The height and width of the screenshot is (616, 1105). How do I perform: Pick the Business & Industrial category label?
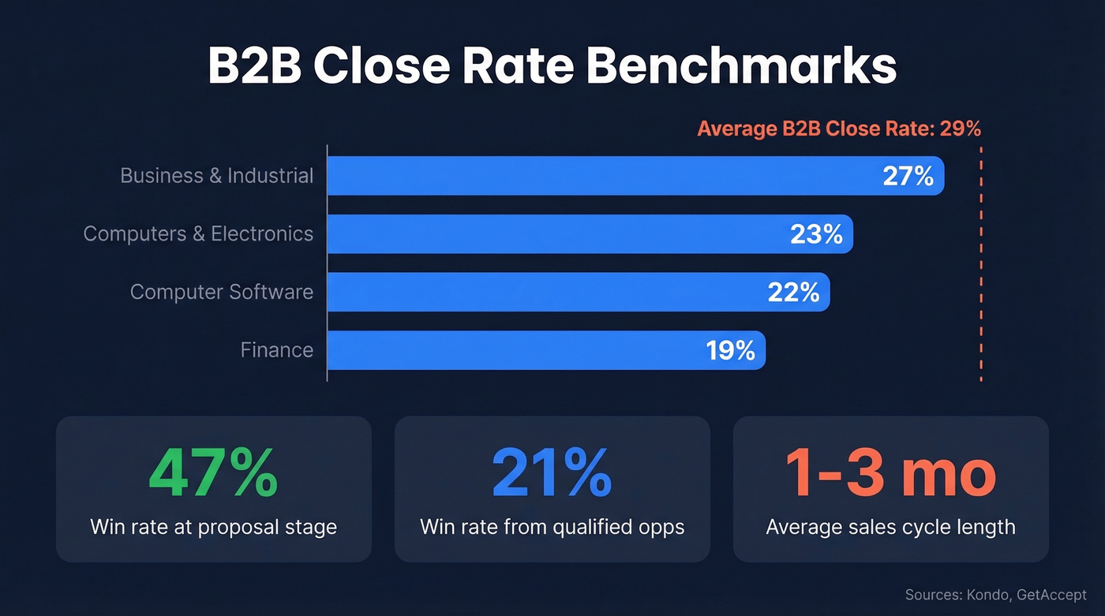pos(216,175)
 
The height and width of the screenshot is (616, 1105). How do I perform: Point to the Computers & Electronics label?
pos(198,233)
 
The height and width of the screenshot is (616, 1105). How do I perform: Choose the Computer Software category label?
pos(221,292)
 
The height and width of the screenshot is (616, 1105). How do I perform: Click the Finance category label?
pos(276,350)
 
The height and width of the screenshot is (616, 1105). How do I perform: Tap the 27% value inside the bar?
pos(908,176)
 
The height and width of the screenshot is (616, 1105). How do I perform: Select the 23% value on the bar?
pos(816,234)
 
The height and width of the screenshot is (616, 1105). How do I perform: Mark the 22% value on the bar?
pos(793,293)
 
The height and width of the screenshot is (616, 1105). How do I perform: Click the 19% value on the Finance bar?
pos(730,350)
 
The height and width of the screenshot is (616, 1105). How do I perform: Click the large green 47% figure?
pos(213,474)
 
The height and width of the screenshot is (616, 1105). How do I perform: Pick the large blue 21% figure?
pos(552,474)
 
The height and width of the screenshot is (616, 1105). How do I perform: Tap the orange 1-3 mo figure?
pos(890,474)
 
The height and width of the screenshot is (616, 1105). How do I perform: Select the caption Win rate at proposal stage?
pos(213,527)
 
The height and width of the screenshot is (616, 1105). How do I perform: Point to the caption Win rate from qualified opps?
pos(552,527)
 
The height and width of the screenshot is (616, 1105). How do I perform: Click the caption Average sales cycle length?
pos(890,527)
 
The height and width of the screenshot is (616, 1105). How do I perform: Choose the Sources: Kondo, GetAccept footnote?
pos(995,595)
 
